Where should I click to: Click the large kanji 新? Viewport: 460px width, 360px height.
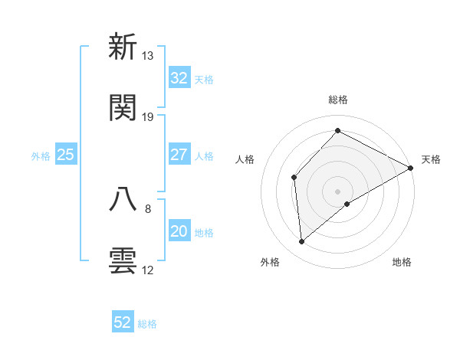[123, 47]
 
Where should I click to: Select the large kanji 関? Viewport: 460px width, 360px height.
[123, 108]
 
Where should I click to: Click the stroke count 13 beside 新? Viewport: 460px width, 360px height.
[148, 56]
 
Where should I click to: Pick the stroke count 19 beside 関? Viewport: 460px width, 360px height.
[148, 117]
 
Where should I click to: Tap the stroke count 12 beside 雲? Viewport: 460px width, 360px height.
[148, 270]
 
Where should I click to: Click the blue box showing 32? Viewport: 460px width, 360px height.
[179, 78]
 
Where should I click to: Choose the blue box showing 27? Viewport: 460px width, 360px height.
[179, 155]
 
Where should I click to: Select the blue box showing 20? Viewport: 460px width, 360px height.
[179, 231]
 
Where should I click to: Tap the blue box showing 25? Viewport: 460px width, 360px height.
[65, 155]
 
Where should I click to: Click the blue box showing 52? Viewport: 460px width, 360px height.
[123, 322]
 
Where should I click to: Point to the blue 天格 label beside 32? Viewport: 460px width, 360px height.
[204, 80]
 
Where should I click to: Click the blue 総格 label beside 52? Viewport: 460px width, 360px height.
[147, 324]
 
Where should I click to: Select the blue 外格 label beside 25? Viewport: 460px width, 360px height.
[41, 156]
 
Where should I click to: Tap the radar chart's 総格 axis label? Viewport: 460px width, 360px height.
[338, 100]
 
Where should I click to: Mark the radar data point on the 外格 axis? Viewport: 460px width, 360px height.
[302, 242]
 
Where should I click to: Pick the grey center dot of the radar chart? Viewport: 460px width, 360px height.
[338, 191]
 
